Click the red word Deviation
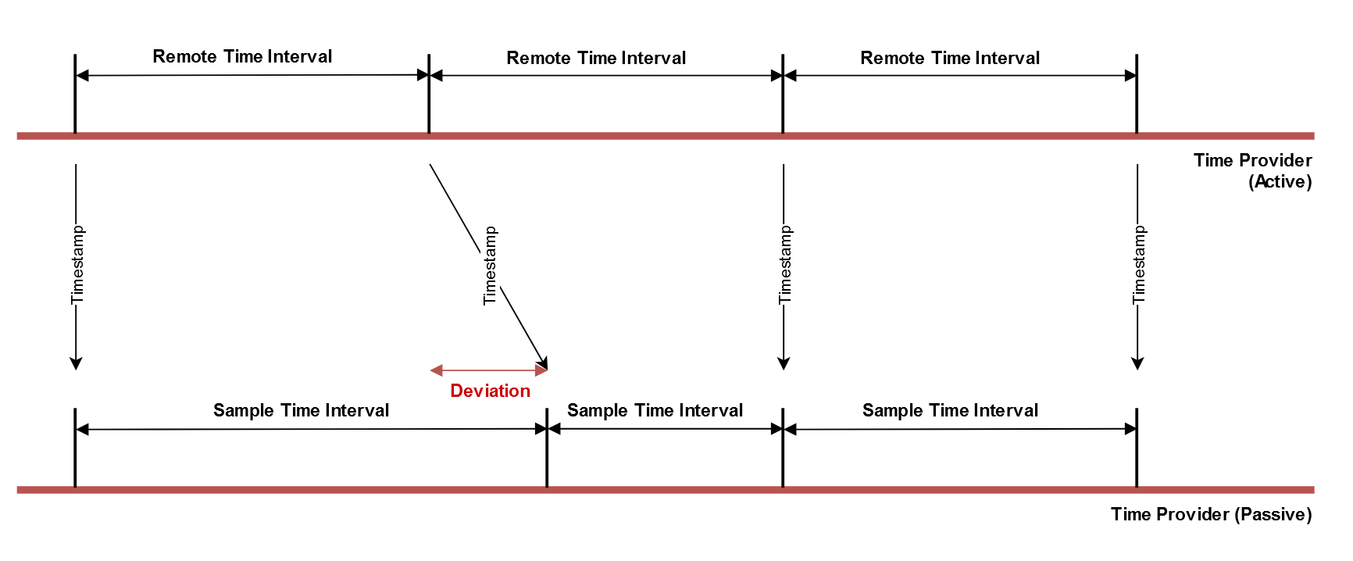click(x=490, y=391)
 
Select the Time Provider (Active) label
click(x=1252, y=171)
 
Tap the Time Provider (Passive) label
click(x=1211, y=514)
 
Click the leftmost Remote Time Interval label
click(x=242, y=56)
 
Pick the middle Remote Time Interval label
click(x=596, y=58)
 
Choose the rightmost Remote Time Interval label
click(x=950, y=58)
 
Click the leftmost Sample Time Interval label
click(x=301, y=410)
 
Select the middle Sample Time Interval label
click(x=655, y=410)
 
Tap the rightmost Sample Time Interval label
click(x=950, y=410)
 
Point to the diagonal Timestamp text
click(x=490, y=266)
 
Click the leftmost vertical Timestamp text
click(x=77, y=266)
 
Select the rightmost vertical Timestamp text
click(x=1138, y=266)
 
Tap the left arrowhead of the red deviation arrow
click(x=436, y=370)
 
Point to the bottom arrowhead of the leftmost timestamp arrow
click(x=76, y=363)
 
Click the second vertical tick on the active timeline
click(x=429, y=94)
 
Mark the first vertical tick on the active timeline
click(x=75, y=94)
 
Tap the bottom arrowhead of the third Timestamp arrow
click(x=784, y=363)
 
